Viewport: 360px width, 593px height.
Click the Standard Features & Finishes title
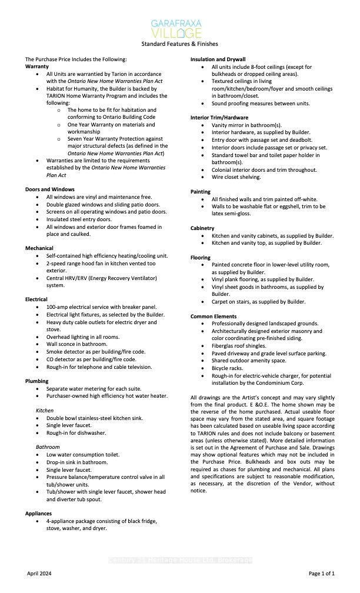click(179, 44)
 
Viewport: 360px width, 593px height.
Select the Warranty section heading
click(36, 66)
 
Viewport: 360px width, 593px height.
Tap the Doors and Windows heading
click(49, 189)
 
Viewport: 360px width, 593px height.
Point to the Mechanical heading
click(39, 248)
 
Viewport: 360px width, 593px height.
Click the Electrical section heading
click(36, 299)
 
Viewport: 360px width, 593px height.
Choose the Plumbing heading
click(37, 381)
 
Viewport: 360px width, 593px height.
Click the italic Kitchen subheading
click(45, 410)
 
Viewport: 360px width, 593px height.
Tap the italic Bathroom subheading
click(48, 447)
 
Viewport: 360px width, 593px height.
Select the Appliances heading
click(39, 514)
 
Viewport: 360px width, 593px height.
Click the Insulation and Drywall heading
click(218, 59)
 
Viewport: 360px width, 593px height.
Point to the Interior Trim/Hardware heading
click(219, 118)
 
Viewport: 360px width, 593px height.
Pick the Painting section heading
click(201, 192)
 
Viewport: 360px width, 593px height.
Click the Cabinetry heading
click(202, 228)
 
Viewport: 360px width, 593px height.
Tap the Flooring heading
click(201, 258)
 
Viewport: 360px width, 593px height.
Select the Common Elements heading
click(214, 317)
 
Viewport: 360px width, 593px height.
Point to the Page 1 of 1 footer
click(322, 573)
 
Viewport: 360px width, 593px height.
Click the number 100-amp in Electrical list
click(58, 307)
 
